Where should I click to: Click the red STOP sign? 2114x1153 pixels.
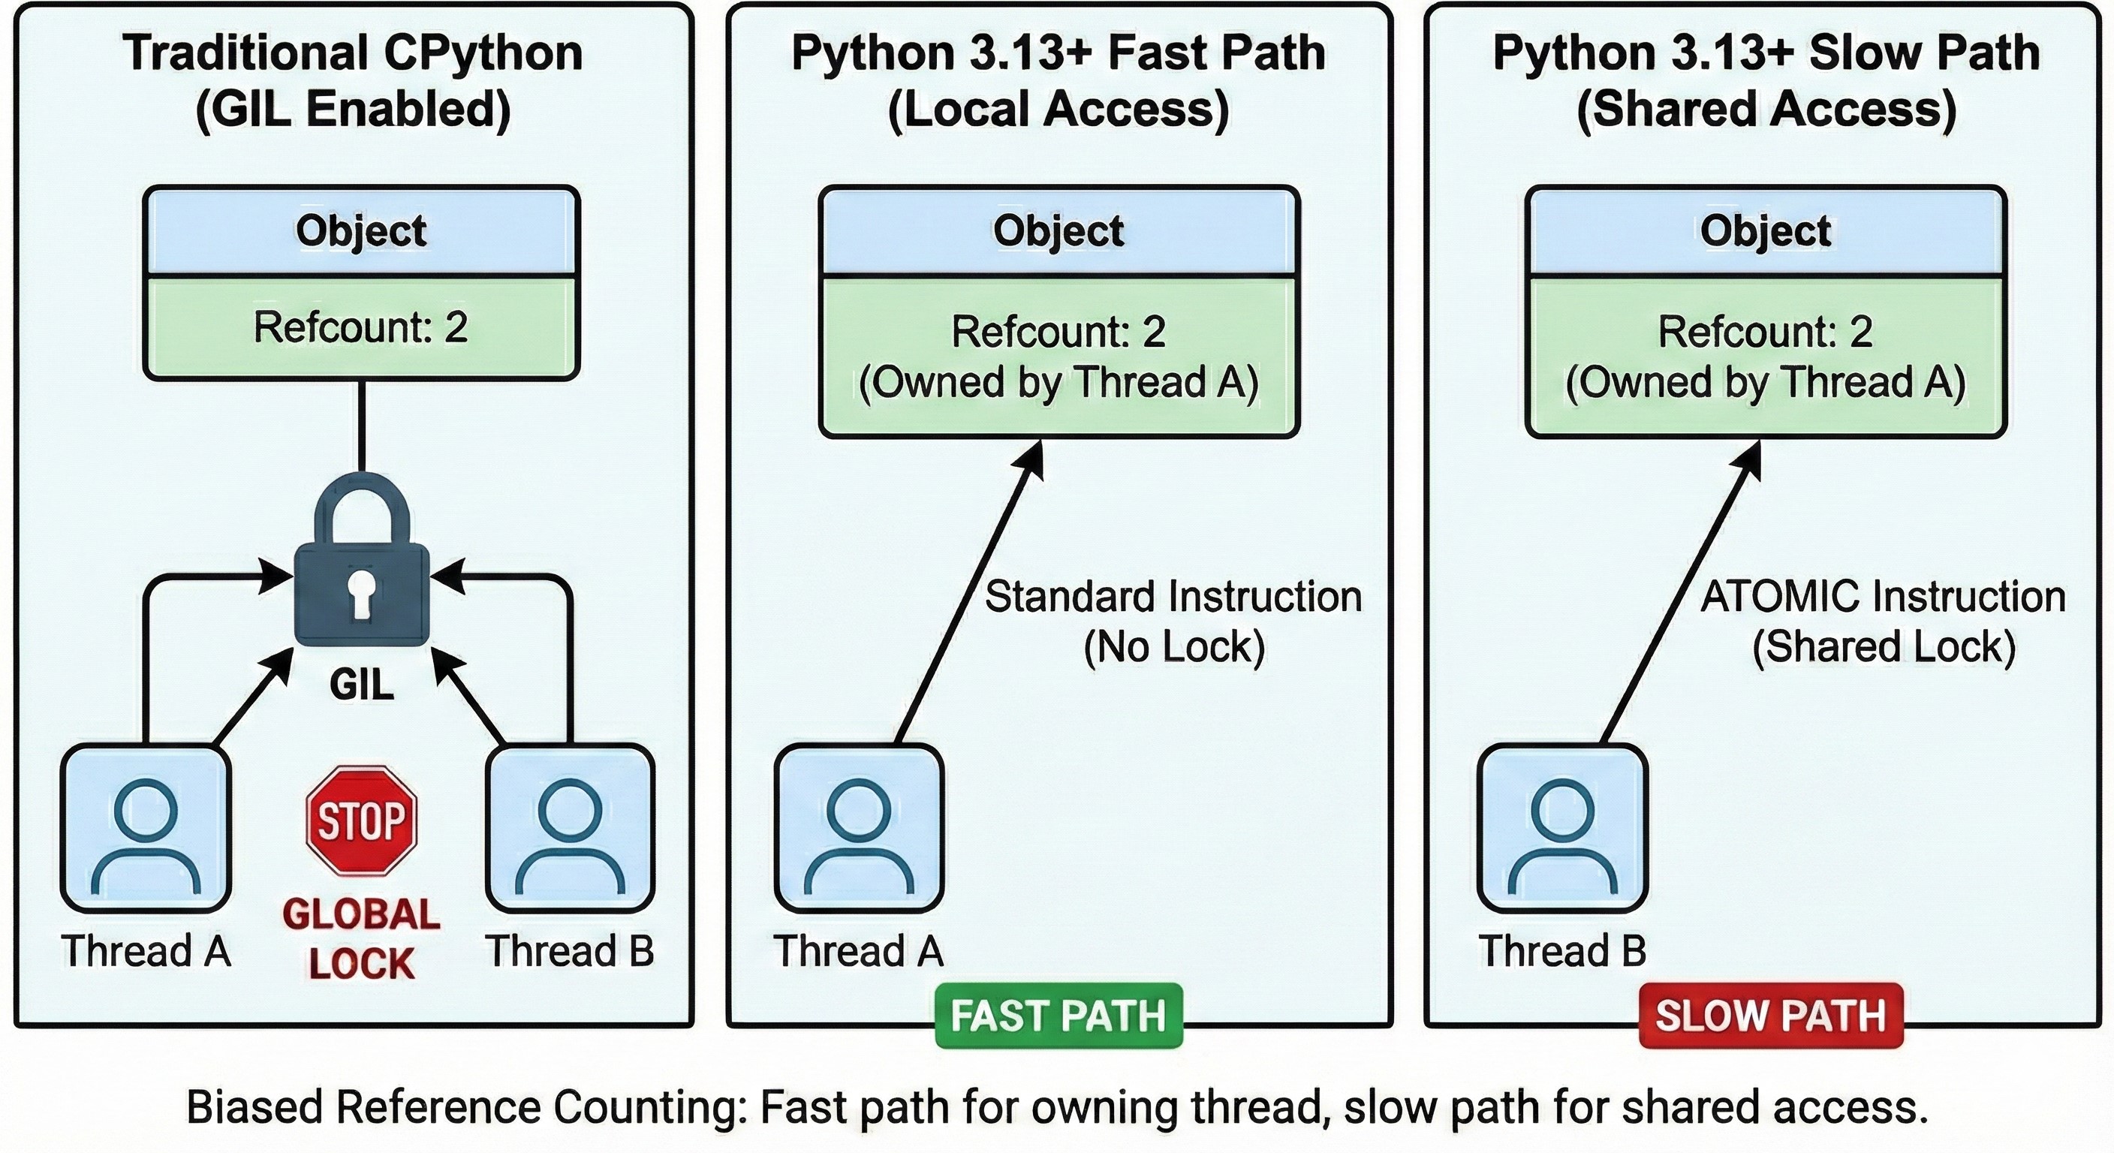(361, 820)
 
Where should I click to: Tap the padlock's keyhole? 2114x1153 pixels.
(361, 592)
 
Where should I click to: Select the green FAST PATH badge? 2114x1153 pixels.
(1059, 1015)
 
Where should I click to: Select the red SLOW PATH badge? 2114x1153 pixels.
(1770, 1015)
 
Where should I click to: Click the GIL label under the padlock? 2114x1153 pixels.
(362, 684)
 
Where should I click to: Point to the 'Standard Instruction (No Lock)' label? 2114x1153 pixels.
(1173, 622)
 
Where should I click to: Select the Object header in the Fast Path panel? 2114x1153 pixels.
(1059, 230)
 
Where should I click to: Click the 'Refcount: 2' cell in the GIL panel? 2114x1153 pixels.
(361, 327)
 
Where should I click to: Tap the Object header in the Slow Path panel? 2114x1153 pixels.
(1765, 230)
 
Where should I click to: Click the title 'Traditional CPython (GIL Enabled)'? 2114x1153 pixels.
(353, 80)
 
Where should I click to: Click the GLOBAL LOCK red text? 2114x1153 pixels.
(361, 939)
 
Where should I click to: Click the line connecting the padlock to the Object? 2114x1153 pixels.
(361, 426)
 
